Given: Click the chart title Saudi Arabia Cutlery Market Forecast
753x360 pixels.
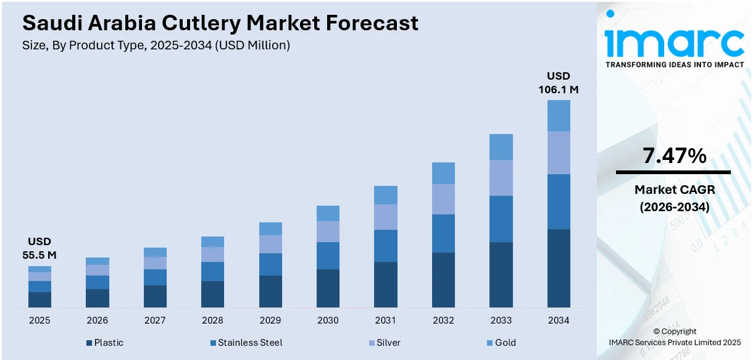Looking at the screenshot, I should pos(220,23).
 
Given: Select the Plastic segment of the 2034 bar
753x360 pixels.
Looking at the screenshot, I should pos(559,268).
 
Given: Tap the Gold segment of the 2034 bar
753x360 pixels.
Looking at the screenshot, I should pos(559,115).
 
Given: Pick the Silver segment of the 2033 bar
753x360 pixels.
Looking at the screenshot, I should pos(501,178).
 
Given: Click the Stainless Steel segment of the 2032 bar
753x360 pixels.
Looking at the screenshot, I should pos(443,233).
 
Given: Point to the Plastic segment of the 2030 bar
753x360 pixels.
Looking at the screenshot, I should pos(328,288).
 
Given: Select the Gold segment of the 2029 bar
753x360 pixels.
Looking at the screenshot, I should pos(270,228).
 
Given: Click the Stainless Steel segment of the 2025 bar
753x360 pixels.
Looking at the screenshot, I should pos(40,287).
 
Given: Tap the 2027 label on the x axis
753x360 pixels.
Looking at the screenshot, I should pos(155,320).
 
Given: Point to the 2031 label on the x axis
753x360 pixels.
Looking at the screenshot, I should pos(386,320).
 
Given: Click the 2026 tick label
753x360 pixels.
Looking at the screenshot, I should pos(98,320).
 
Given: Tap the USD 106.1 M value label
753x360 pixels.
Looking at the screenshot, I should pos(559,83).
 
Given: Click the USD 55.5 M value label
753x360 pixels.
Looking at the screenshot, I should pos(40,248).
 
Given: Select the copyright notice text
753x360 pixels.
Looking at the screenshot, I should pos(674,337).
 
